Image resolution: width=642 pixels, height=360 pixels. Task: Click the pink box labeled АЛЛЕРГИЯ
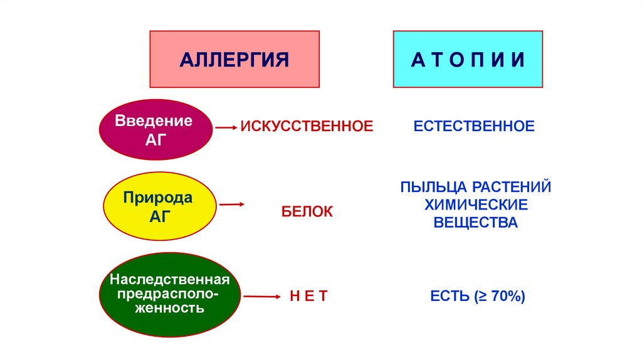(x=234, y=60)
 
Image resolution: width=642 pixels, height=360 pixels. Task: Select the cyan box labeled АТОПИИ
(x=468, y=60)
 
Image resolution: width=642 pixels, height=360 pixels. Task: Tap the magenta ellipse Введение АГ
(x=153, y=129)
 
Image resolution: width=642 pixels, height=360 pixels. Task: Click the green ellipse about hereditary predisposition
(x=170, y=293)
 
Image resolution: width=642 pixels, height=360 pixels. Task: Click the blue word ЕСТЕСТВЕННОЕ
(x=474, y=127)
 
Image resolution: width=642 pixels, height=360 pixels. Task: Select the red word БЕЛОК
(x=307, y=212)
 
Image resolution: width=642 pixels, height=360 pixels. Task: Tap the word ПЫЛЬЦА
(x=433, y=187)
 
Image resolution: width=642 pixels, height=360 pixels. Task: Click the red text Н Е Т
(x=308, y=296)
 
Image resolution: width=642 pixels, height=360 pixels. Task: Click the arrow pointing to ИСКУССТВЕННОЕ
(x=225, y=127)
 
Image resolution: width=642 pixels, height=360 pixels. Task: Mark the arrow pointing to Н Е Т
(x=261, y=296)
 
